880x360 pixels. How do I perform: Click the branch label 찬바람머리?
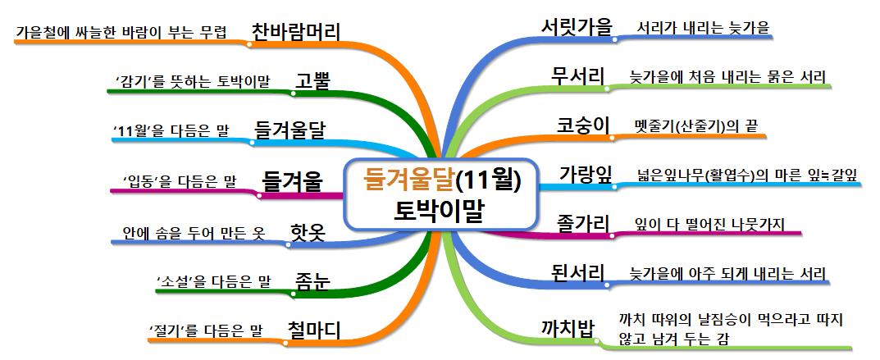pyautogui.click(x=295, y=30)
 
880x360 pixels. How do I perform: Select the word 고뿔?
pyautogui.click(x=313, y=81)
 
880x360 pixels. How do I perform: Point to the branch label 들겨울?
pyautogui.click(x=292, y=181)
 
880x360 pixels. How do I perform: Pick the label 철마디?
pyautogui.click(x=314, y=330)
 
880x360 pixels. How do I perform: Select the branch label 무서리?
pyautogui.click(x=577, y=76)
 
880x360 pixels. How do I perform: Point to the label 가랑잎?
pyautogui.click(x=586, y=174)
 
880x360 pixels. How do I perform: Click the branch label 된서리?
pyautogui.click(x=577, y=272)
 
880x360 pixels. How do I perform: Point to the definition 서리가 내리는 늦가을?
pyautogui.click(x=704, y=29)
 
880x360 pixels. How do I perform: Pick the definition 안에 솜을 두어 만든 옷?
pyautogui.click(x=193, y=233)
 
